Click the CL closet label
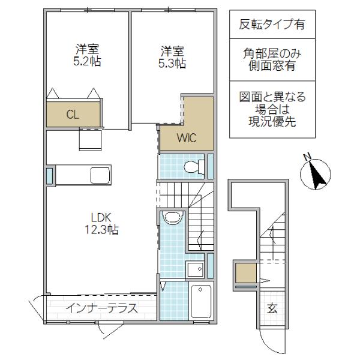73,115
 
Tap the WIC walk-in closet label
187,138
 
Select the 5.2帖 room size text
87,61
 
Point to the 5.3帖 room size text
172,63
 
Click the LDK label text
101,218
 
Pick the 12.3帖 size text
102,229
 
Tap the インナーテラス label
102,308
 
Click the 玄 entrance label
272,308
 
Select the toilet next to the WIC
194,167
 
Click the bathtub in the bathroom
201,301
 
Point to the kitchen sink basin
100,175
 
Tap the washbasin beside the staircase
173,218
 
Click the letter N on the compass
307,157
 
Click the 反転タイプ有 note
272,25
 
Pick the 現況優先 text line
272,121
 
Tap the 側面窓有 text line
272,65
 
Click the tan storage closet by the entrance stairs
246,273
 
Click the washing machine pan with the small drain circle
195,269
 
